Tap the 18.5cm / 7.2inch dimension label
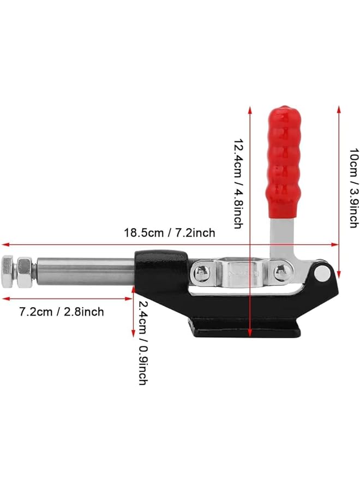[x=170, y=233]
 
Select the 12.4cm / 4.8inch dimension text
[x=238, y=184]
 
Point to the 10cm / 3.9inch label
[x=353, y=188]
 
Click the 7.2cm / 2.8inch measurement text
[x=62, y=312]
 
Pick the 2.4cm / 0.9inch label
[x=142, y=343]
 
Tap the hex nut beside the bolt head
[x=24, y=267]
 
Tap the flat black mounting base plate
[x=243, y=330]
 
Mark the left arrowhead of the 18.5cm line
[x=4, y=244]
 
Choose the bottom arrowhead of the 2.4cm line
[x=133, y=334]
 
